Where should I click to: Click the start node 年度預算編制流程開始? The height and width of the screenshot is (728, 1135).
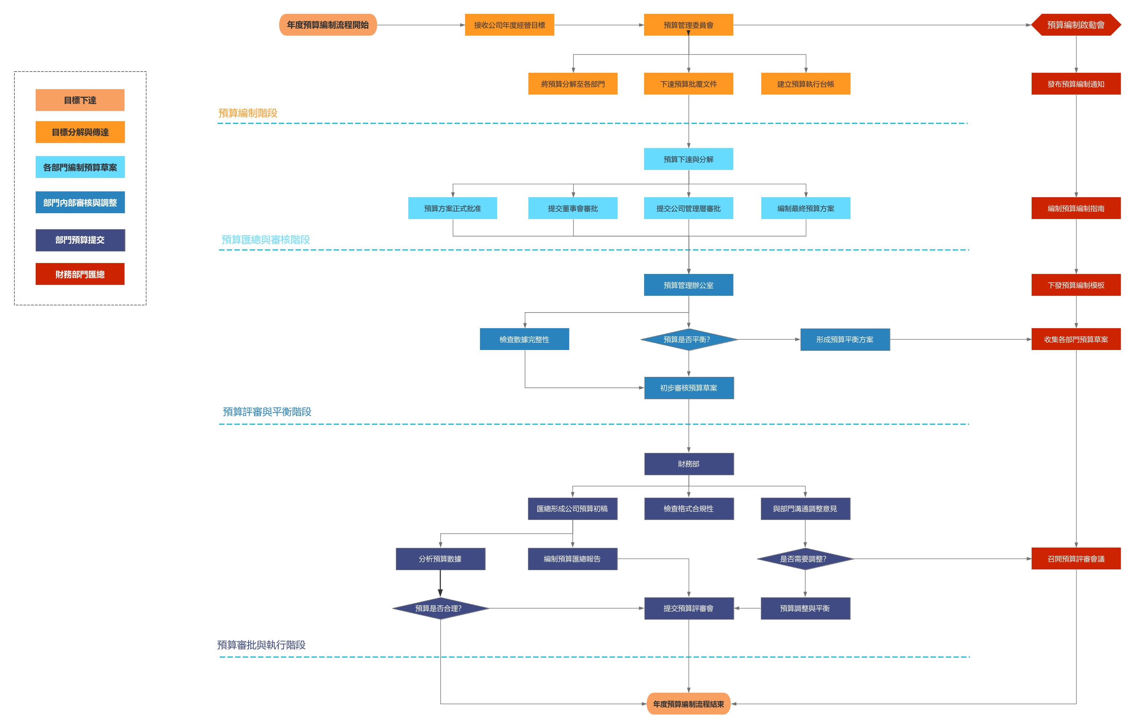pyautogui.click(x=328, y=25)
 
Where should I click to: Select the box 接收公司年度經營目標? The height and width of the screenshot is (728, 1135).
pyautogui.click(x=509, y=25)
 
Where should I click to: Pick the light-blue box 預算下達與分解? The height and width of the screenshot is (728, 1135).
pyautogui.click(x=688, y=159)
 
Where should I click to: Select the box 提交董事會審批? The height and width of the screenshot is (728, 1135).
pyautogui.click(x=572, y=208)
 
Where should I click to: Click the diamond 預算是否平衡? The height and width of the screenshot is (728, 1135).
pyautogui.click(x=688, y=339)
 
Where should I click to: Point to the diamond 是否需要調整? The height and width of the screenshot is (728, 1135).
pyautogui.click(x=805, y=559)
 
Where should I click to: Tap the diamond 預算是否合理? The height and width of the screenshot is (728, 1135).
pyautogui.click(x=440, y=608)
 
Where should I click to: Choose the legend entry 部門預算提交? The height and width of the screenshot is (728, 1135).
pyautogui.click(x=80, y=240)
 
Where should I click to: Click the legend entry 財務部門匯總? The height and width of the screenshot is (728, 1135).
pyautogui.click(x=80, y=274)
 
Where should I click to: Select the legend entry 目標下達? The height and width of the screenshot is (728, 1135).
pyautogui.click(x=80, y=100)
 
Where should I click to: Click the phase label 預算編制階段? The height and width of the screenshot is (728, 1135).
pyautogui.click(x=248, y=113)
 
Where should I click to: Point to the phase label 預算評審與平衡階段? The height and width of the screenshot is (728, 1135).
pyautogui.click(x=267, y=412)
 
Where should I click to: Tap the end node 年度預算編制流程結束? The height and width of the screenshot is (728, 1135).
pyautogui.click(x=688, y=704)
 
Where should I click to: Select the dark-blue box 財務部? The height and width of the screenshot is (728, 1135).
pyautogui.click(x=688, y=464)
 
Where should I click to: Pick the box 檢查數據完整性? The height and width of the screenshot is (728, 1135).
pyautogui.click(x=524, y=339)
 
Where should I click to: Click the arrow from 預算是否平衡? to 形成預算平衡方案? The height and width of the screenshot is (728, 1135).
pyautogui.click(x=769, y=339)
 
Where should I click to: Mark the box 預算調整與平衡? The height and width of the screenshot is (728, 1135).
pyautogui.click(x=805, y=608)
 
